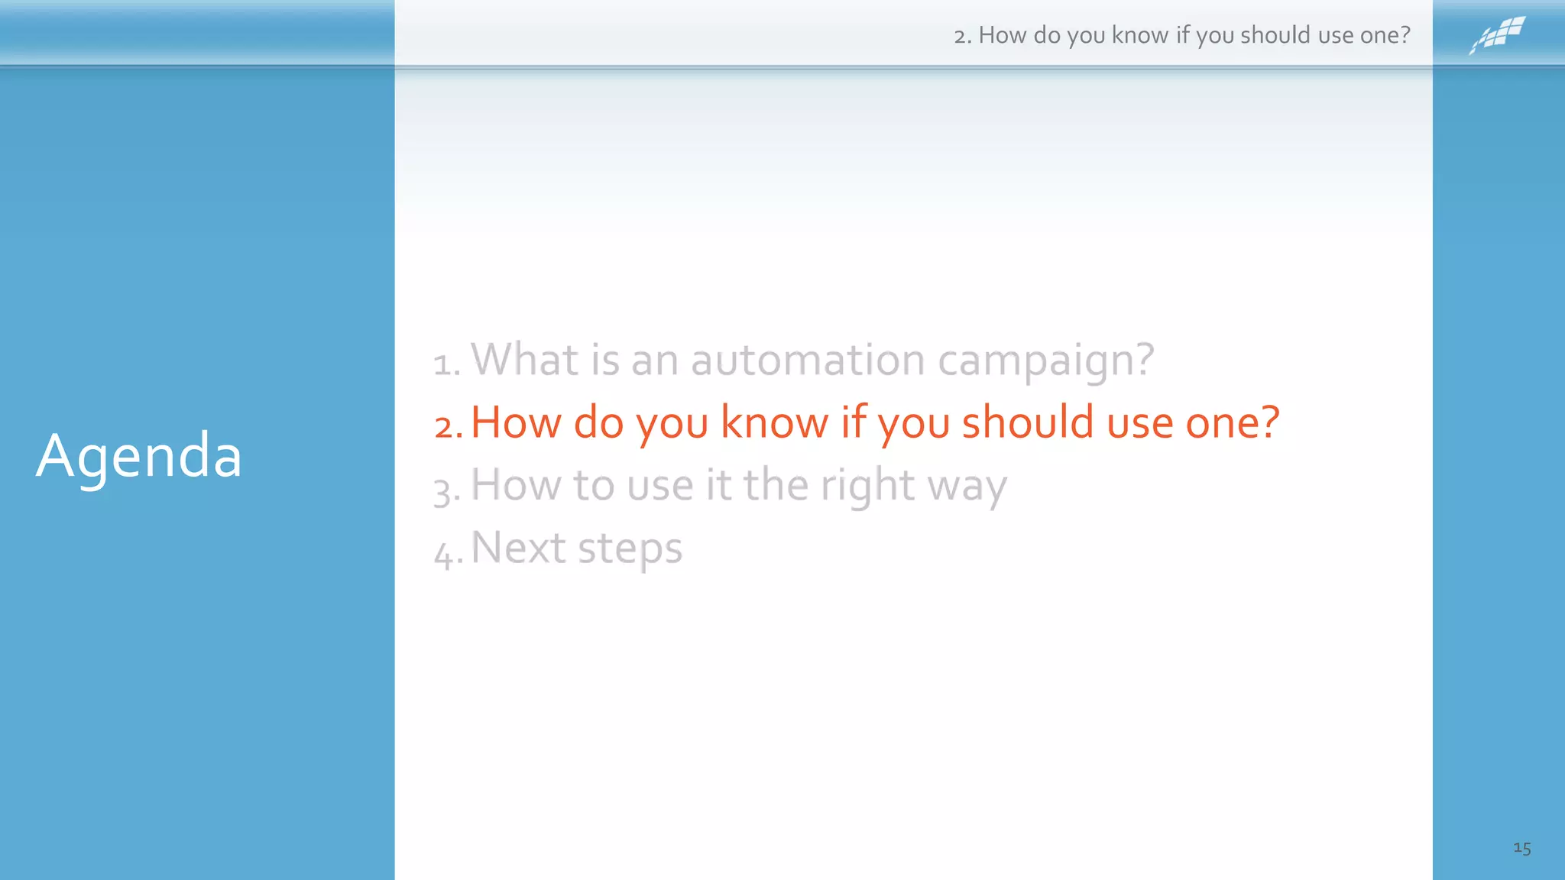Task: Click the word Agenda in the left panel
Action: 139,457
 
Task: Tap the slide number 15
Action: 1521,848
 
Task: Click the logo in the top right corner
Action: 1497,34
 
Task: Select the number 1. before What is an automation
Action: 447,364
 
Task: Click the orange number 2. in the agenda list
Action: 449,426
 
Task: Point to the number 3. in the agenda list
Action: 447,490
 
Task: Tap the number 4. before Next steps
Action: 448,553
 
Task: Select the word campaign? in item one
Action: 1045,361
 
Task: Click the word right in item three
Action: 867,486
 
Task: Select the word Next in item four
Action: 518,548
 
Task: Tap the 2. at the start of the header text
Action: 962,36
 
